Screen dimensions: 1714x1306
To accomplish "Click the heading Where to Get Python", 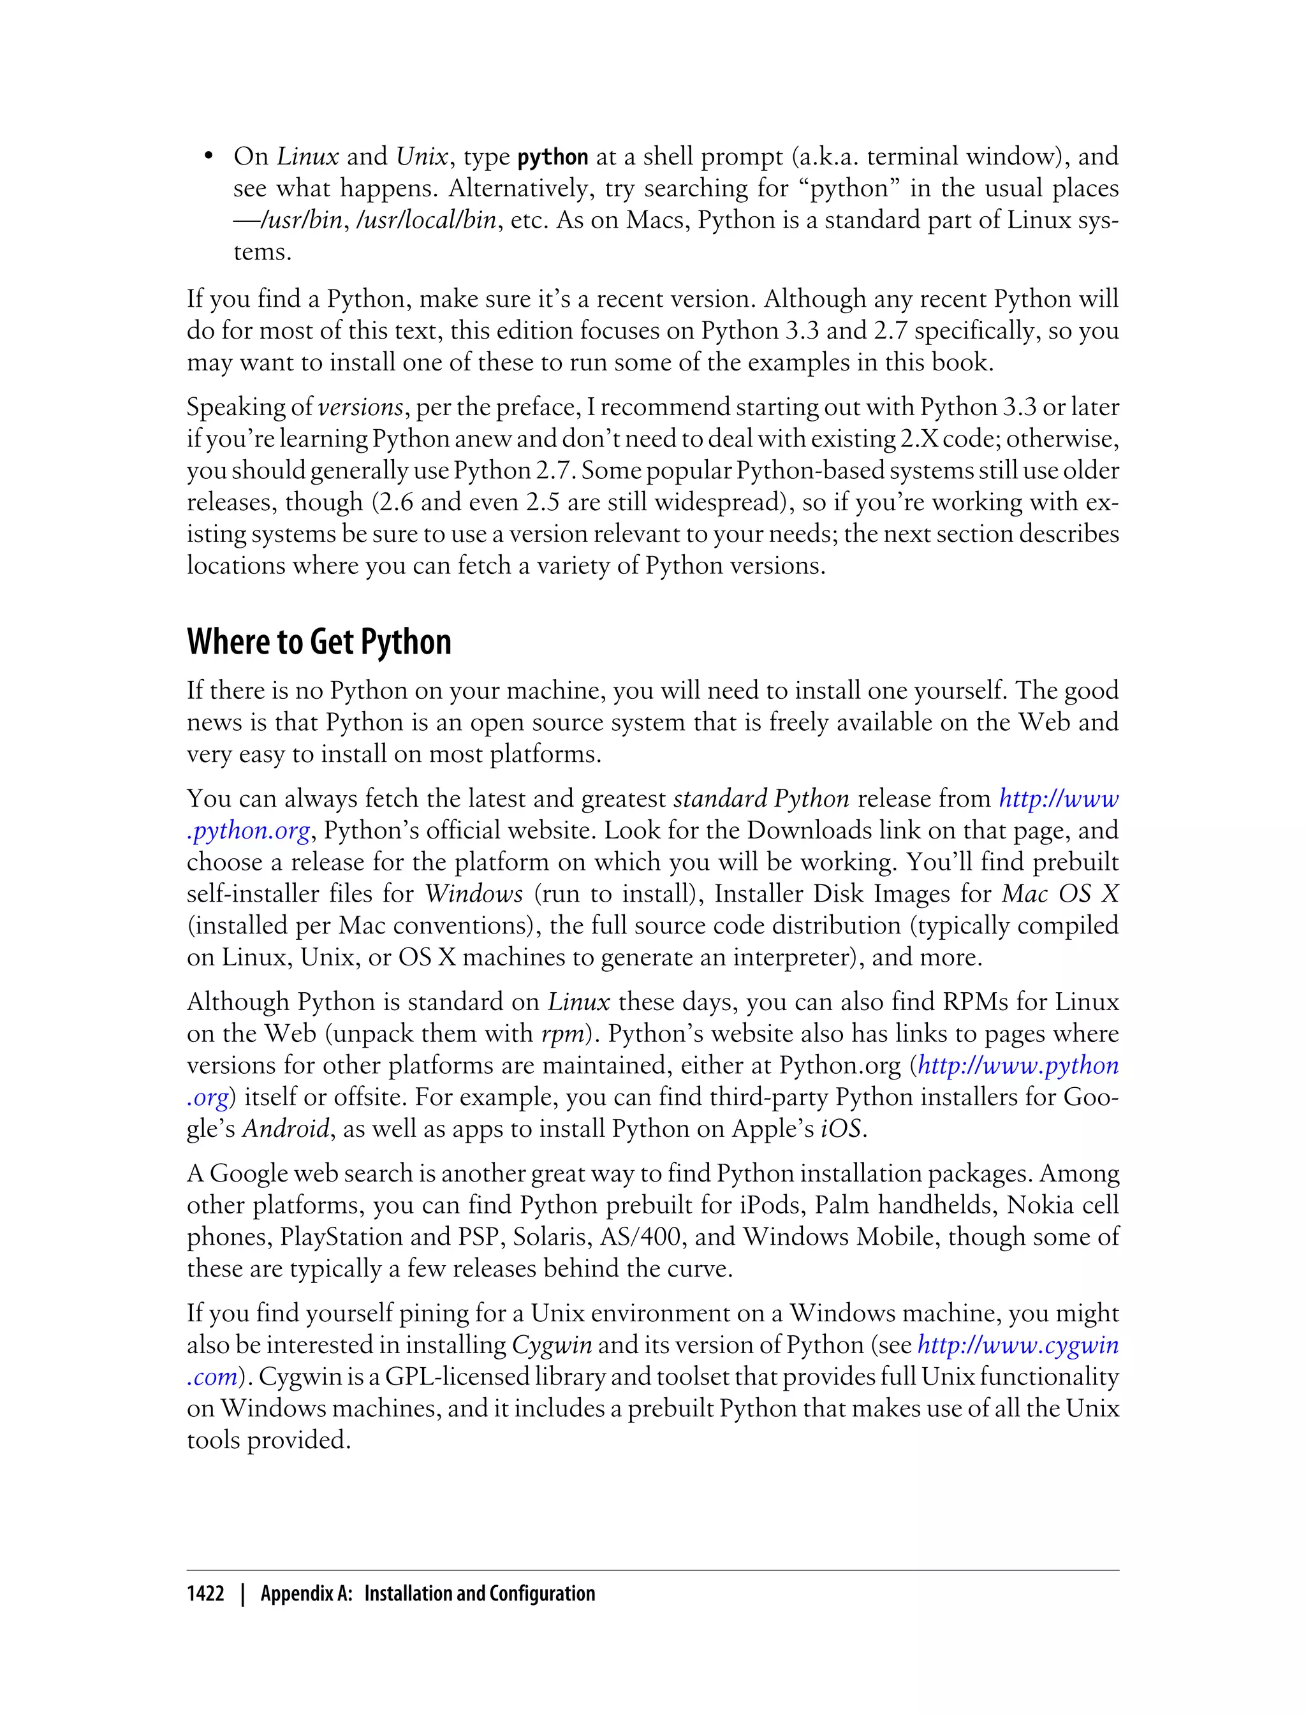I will pos(319,642).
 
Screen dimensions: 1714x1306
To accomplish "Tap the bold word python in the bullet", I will pos(553,157).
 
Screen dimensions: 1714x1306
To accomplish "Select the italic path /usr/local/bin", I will pos(425,220).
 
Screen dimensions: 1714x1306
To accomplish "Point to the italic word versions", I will pos(361,407).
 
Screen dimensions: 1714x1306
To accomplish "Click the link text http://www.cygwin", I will pos(1018,1345).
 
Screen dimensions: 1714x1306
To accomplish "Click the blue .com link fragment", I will pos(212,1377).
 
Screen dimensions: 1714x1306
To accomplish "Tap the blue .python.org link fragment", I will pos(249,831).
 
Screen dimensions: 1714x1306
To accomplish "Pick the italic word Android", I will pos(286,1129).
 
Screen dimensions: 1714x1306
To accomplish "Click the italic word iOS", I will pos(841,1129).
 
